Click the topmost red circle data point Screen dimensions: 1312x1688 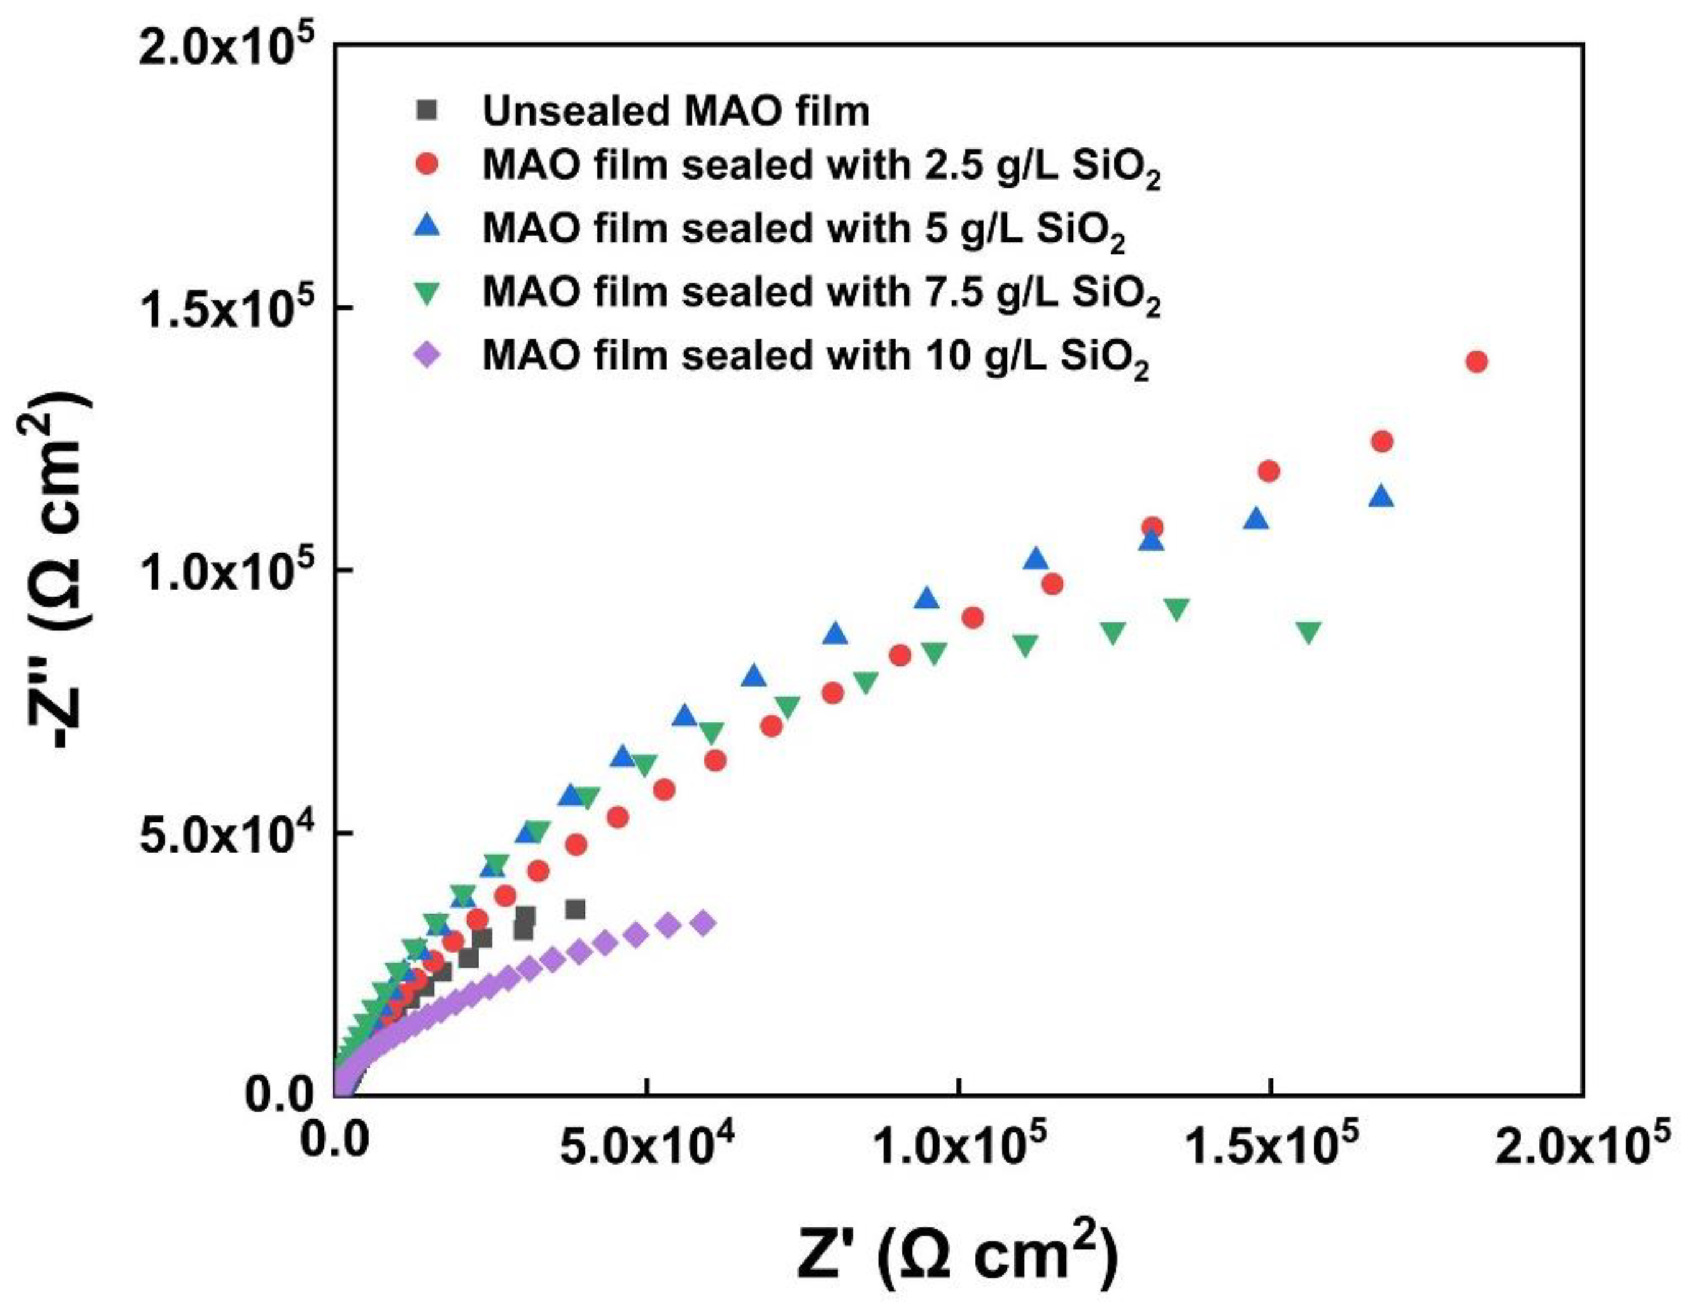tap(1476, 362)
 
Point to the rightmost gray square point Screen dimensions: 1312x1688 tap(575, 909)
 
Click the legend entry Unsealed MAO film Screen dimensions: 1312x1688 tap(676, 111)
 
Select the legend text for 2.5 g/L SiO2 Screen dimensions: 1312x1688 tap(821, 168)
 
